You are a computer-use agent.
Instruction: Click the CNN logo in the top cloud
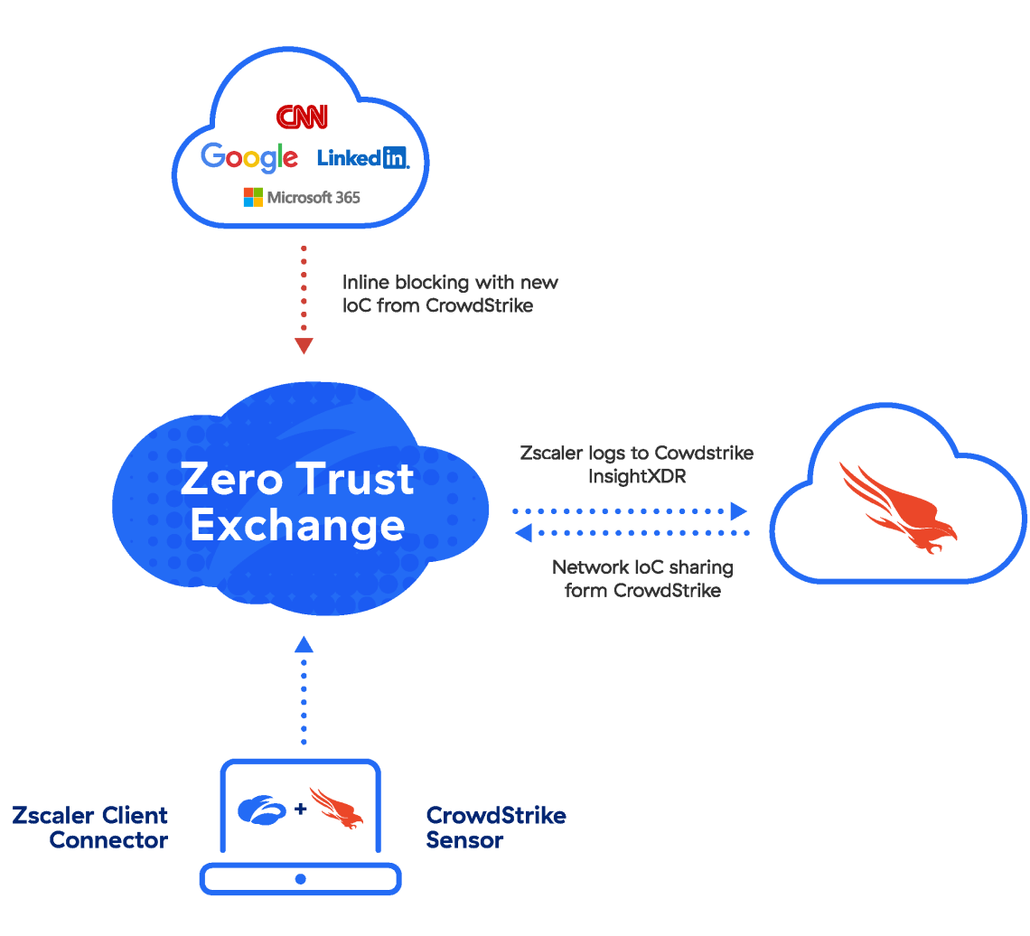point(302,117)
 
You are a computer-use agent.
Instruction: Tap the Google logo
point(249,157)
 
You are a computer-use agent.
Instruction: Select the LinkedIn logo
point(363,157)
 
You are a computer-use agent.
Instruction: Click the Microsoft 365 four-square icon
point(253,197)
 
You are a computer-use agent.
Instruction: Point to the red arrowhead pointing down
point(304,346)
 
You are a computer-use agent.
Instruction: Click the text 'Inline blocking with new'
point(450,282)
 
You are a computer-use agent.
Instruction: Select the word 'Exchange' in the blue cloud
point(297,525)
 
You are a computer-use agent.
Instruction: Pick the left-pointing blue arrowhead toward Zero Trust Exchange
point(523,533)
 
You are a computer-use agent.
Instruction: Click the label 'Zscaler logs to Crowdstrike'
point(636,453)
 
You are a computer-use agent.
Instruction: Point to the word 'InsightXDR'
point(636,476)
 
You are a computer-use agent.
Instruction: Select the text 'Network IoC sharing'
point(642,567)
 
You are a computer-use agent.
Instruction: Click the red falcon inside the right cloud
point(898,508)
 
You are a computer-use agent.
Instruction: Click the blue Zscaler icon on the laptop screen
point(261,809)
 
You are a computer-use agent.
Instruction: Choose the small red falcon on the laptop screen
point(336,808)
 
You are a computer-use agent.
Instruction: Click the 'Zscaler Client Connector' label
point(90,828)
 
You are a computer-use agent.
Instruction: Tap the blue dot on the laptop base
point(301,878)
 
